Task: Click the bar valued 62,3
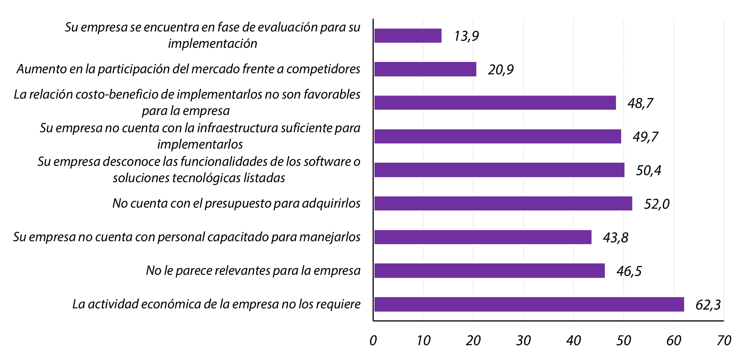[529, 304]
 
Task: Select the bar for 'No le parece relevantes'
[489, 270]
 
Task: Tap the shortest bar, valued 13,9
[408, 36]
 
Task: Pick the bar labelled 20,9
[425, 69]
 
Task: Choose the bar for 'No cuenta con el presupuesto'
[503, 203]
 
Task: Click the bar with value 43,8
[483, 237]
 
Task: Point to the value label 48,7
[640, 103]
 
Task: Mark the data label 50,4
[649, 170]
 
